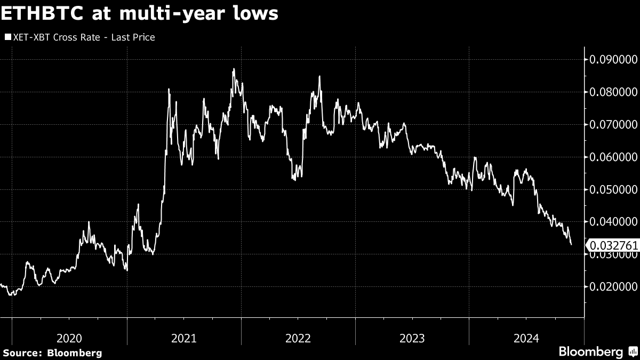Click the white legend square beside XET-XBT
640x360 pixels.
coord(7,37)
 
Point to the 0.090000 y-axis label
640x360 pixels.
coord(612,59)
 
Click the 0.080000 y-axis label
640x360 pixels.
coord(612,92)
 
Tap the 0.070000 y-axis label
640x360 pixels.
coord(612,124)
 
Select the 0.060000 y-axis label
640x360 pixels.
coord(612,157)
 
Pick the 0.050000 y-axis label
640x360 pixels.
coord(612,189)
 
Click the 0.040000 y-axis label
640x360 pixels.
coord(612,222)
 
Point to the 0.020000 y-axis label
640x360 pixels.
coord(612,287)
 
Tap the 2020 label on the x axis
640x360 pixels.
coord(69,338)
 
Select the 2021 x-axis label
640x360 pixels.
coord(184,338)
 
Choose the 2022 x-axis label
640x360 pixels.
coord(298,338)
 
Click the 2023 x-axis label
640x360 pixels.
coord(412,338)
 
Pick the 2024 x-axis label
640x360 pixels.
coord(526,338)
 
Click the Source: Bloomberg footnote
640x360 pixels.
coord(52,353)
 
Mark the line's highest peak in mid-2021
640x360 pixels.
coord(234,69)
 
